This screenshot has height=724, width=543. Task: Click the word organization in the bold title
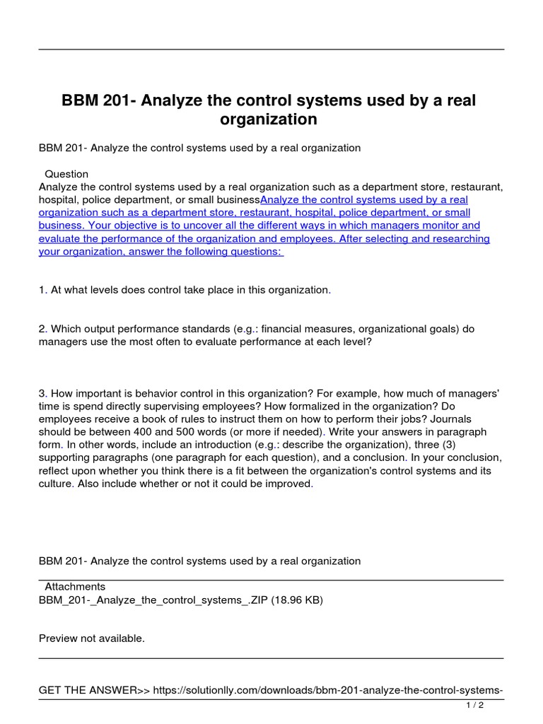[x=268, y=119]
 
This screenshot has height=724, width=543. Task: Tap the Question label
[x=66, y=174]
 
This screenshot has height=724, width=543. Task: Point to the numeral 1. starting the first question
[x=43, y=290]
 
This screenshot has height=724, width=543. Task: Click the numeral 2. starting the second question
[x=43, y=329]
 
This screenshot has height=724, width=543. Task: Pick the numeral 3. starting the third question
[x=43, y=393]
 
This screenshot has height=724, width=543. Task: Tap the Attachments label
[x=75, y=587]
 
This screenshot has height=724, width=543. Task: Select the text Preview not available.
[x=92, y=638]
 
